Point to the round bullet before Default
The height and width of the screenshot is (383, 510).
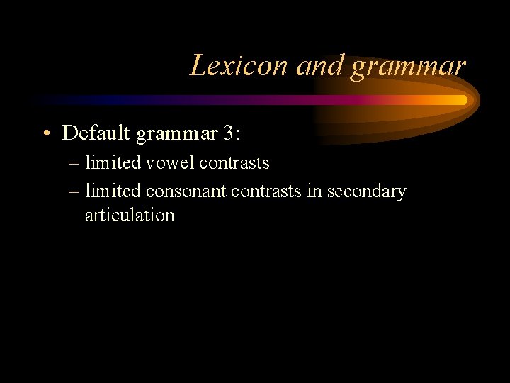click(46, 133)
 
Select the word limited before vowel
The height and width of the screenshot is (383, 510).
click(113, 163)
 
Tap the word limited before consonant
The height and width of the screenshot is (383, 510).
click(113, 191)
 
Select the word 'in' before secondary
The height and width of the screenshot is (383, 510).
click(314, 191)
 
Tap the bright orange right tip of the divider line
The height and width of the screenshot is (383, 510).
click(462, 100)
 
